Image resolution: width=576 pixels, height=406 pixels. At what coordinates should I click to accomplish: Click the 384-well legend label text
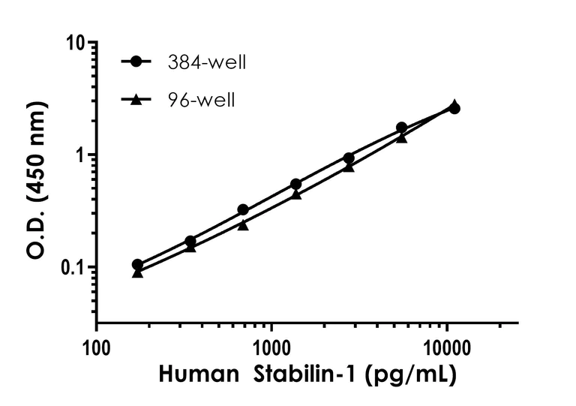(x=208, y=62)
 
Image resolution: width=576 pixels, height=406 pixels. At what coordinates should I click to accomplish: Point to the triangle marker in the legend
(x=135, y=98)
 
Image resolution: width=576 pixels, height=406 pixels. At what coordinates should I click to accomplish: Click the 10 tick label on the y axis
(x=73, y=43)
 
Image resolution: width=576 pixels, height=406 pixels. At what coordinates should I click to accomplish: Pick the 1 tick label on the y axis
(x=79, y=155)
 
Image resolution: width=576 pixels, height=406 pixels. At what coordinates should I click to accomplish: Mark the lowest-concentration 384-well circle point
(x=137, y=265)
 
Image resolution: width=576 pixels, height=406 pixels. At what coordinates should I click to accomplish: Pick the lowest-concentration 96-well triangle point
(x=137, y=272)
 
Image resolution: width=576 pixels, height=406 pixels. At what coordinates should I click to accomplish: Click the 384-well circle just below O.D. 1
(x=349, y=158)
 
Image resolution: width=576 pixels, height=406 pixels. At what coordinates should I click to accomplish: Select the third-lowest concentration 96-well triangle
(x=243, y=224)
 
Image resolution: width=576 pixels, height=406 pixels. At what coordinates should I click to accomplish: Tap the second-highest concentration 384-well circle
(x=402, y=128)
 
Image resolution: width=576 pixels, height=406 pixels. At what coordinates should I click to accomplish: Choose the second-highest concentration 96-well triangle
(x=402, y=137)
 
